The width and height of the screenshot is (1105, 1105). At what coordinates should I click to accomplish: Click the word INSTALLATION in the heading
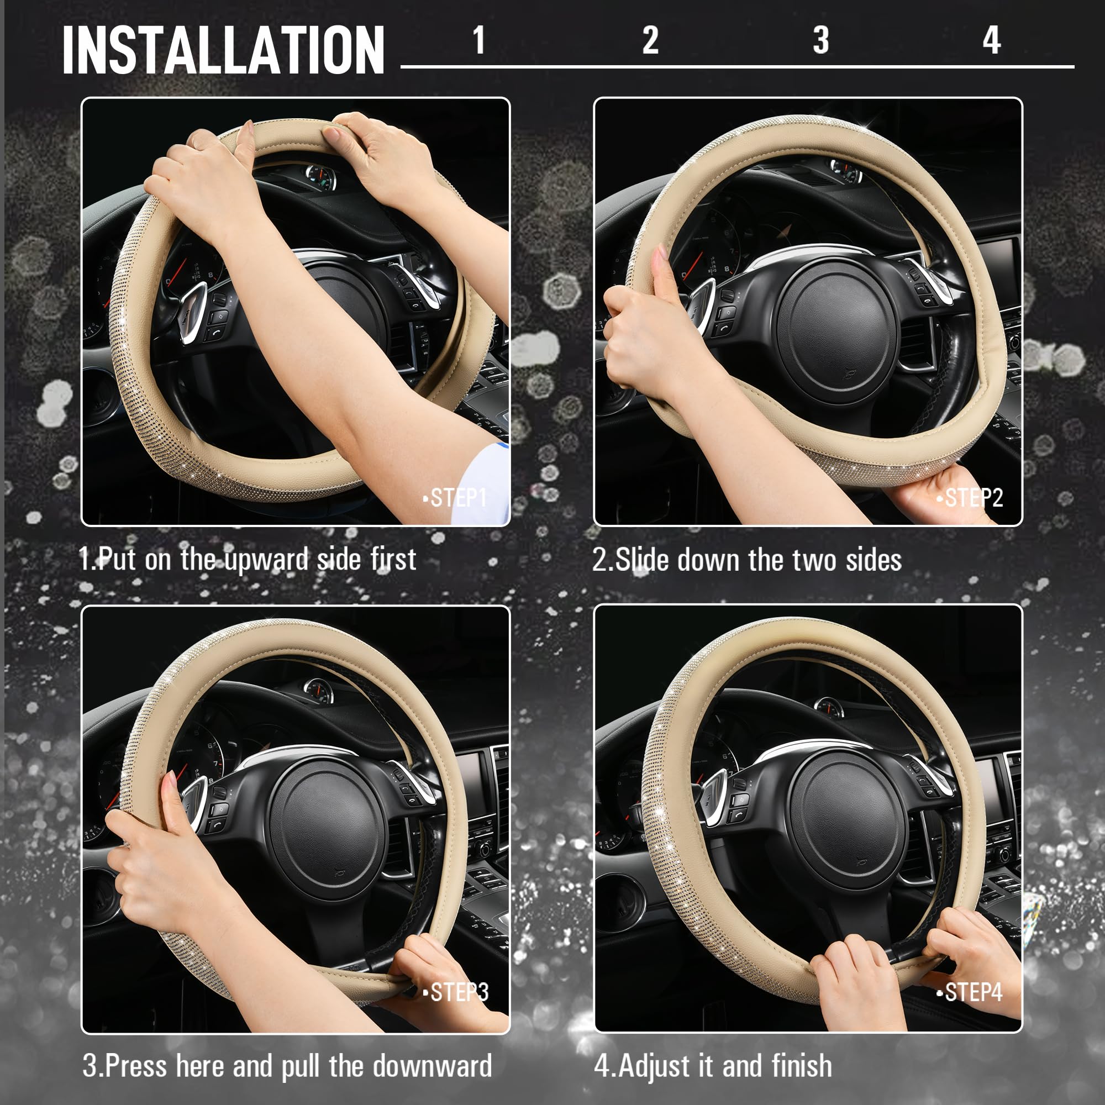pyautogui.click(x=223, y=50)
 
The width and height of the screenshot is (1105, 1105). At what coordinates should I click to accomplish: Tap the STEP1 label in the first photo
pyautogui.click(x=457, y=498)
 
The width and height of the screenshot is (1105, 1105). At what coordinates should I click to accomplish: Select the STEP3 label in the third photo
pyautogui.click(x=459, y=992)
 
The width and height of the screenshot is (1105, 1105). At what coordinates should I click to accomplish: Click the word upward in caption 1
pyautogui.click(x=265, y=560)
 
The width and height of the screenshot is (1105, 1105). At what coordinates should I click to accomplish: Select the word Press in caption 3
pyautogui.click(x=136, y=1066)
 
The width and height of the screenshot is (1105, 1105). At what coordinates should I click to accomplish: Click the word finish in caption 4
pyautogui.click(x=801, y=1066)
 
